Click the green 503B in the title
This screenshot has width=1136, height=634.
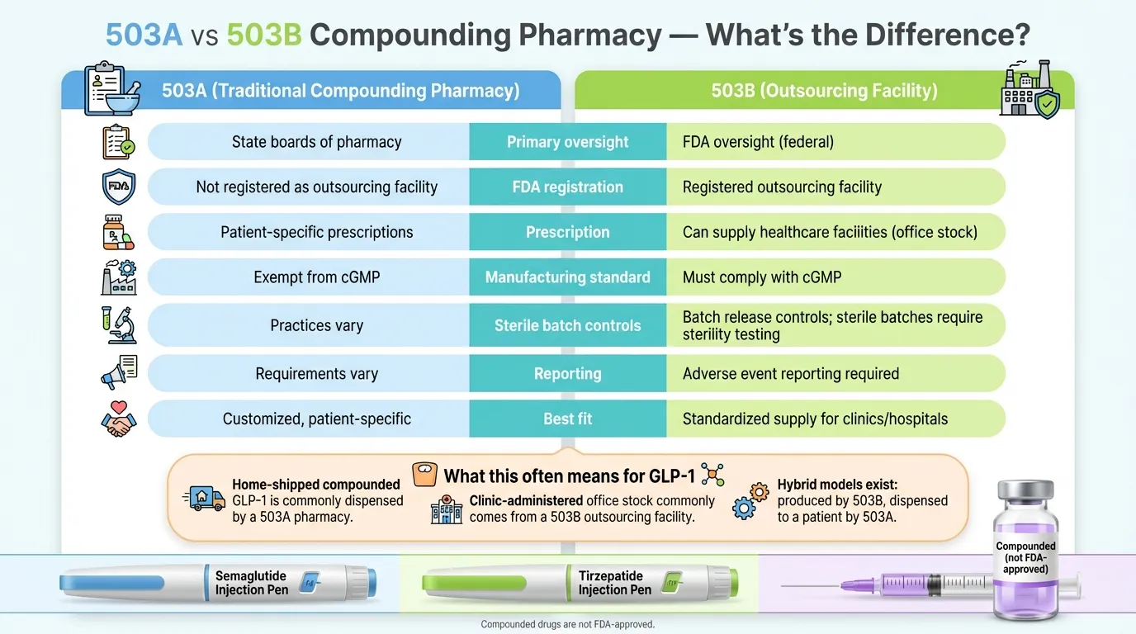click(x=263, y=35)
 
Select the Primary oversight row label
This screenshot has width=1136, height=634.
click(x=568, y=142)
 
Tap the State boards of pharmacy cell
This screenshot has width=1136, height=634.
click(x=316, y=142)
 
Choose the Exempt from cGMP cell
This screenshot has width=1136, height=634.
click(x=316, y=277)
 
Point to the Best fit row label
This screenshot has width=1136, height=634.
click(x=568, y=419)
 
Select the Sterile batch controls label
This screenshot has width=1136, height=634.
click(x=568, y=325)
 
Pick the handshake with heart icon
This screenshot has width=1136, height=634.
click(x=118, y=418)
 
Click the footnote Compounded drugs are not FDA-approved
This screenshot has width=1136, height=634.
click(x=567, y=625)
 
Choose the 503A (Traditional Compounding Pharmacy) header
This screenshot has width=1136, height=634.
click(x=340, y=91)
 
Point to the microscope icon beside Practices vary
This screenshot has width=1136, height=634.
click(x=118, y=324)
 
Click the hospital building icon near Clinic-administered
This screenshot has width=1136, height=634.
click(x=447, y=509)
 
